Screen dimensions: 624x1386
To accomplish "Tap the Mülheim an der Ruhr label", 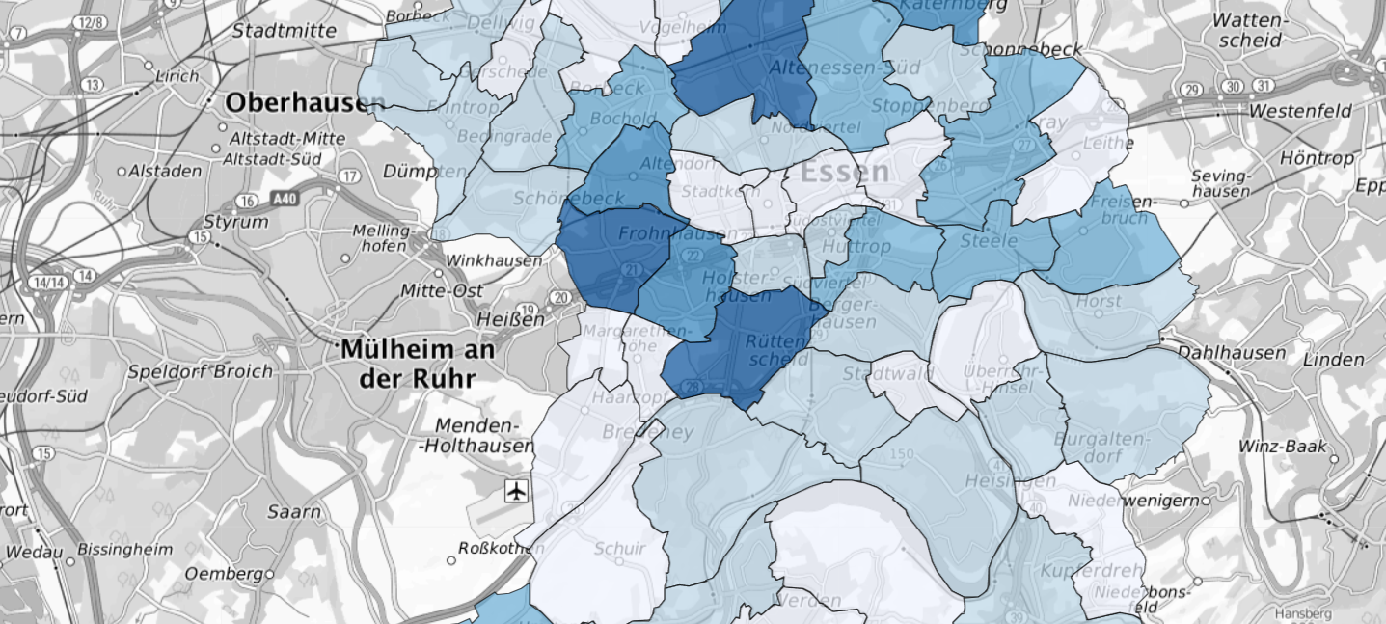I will [418, 363].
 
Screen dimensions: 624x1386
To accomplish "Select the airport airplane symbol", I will [517, 492].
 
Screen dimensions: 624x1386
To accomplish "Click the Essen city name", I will [845, 173].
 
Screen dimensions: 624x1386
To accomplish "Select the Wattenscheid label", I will [1247, 30].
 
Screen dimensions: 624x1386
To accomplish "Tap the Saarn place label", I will [294, 512].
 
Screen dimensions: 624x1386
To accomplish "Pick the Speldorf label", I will [169, 371].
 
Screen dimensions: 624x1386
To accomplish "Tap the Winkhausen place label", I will [493, 260].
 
